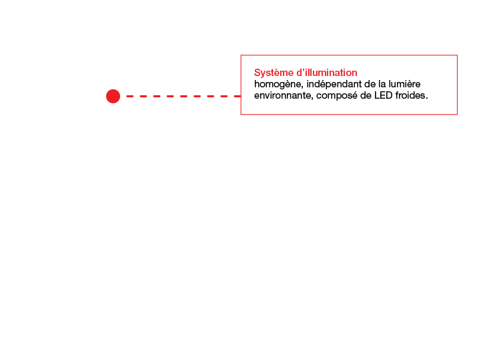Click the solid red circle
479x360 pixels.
pos(113,96)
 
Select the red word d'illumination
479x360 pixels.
pos(327,73)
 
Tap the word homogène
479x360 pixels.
pos(278,85)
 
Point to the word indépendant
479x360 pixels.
pos(334,84)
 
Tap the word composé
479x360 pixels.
pos(337,96)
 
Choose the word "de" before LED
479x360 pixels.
pos(366,95)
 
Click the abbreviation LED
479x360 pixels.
pos(384,95)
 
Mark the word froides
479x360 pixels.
pos(410,95)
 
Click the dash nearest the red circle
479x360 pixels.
pos(130,96)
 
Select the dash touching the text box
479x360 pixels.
pos(237,96)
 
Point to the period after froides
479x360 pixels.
pos(426,99)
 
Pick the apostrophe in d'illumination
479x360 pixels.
pos(304,70)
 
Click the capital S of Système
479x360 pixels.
pos(258,73)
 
